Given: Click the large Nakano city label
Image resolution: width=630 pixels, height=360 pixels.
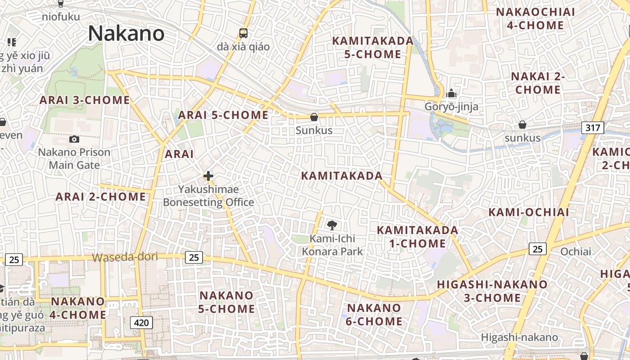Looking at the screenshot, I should [126, 34].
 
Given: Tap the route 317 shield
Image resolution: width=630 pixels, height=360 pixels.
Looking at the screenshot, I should [593, 128].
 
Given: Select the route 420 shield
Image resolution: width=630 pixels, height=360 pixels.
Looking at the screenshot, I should [141, 322].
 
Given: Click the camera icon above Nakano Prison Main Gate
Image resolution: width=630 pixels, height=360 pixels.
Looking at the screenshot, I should [74, 139].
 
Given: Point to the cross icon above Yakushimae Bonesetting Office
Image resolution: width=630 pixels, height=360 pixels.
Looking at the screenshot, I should [208, 176].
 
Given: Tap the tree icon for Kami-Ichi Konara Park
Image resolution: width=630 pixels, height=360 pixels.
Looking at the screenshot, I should [332, 225].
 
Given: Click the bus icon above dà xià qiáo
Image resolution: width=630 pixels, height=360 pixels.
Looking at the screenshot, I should [243, 33].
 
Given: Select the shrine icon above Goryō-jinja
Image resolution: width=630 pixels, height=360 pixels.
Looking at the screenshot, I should [451, 94].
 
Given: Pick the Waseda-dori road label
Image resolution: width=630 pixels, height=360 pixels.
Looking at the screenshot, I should [125, 257].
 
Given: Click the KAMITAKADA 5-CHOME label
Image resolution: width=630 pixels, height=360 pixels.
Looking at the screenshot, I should [373, 48].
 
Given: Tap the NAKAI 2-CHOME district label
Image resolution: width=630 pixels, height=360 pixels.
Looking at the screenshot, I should [538, 83].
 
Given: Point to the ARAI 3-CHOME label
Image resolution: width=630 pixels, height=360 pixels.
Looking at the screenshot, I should [85, 100].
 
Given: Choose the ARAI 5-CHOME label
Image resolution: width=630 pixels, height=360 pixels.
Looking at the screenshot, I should [223, 115].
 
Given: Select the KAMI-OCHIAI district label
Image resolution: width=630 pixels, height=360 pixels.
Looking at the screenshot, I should [529, 212].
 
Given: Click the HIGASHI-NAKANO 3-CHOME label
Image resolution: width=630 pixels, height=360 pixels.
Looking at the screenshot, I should [492, 291].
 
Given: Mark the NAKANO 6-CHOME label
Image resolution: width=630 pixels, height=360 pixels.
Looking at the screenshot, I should [374, 315].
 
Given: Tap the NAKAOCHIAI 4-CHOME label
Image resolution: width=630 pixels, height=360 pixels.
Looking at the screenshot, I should [535, 19].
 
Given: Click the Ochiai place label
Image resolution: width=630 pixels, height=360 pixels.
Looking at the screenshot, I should [576, 252].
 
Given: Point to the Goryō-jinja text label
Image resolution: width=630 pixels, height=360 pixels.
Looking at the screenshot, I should [451, 107].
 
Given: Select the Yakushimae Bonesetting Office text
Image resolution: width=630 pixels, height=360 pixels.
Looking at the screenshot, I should [208, 196].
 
